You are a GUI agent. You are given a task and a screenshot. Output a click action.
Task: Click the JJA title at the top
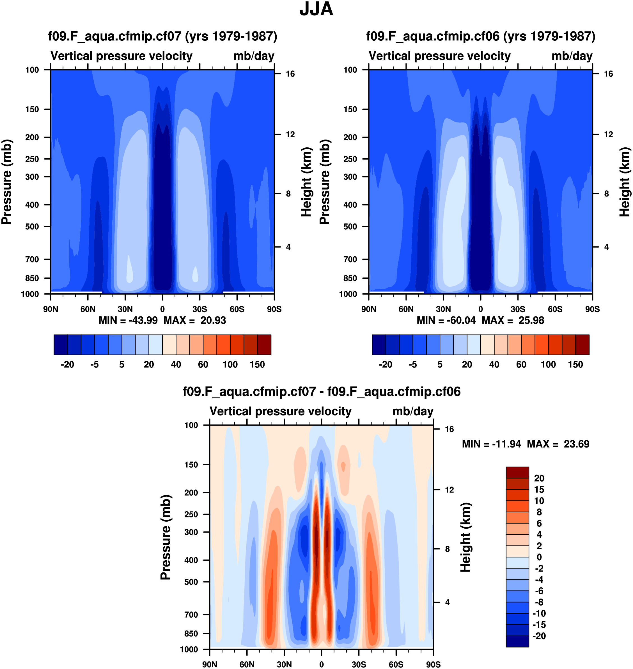(316, 9)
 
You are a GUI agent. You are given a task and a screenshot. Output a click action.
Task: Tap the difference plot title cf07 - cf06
(321, 392)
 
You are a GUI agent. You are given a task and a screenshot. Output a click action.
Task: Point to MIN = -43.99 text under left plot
(128, 320)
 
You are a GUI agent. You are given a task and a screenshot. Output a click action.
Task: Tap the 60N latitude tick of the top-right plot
(406, 309)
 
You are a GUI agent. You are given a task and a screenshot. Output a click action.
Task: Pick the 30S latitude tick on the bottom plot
(359, 664)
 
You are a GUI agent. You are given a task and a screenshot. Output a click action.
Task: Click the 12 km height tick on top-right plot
(608, 135)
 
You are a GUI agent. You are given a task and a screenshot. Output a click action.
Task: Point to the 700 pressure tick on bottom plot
(191, 615)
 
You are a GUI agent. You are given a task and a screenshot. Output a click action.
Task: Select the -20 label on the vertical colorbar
(539, 636)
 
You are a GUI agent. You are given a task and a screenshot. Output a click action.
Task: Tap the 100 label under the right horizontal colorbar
(548, 365)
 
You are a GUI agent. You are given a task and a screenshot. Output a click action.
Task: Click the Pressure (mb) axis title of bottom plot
(166, 537)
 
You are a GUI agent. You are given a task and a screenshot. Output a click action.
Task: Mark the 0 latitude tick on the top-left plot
(162, 309)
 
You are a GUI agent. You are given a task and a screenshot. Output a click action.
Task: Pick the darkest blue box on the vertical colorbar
(517, 641)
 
